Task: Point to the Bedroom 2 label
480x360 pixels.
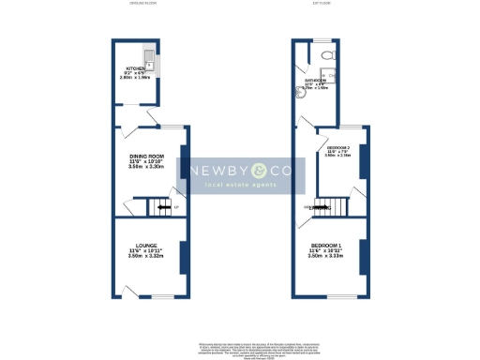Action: [338, 148]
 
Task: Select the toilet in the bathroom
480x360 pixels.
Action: [324, 58]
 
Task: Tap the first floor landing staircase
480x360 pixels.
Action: [332, 208]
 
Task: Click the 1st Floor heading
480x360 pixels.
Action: [326, 5]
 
